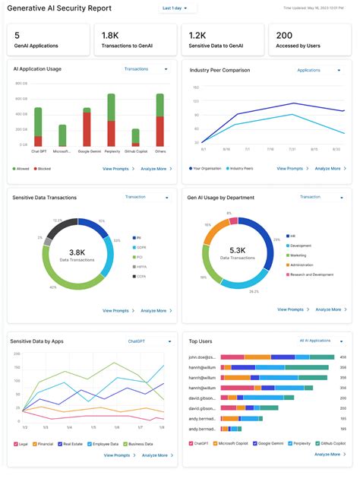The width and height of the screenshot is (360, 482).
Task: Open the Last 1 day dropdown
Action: point(178,8)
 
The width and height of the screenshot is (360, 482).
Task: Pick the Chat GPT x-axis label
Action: point(37,151)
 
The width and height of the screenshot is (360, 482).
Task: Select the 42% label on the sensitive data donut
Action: point(52,288)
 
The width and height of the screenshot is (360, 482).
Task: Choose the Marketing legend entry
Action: point(298,255)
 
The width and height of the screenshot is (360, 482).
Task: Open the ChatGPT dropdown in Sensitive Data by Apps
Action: point(148,341)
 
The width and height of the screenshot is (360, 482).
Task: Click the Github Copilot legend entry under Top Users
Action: point(331,443)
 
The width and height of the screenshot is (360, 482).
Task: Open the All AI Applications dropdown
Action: point(321,341)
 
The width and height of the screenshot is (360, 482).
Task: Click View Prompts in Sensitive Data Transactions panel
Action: point(115,310)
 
